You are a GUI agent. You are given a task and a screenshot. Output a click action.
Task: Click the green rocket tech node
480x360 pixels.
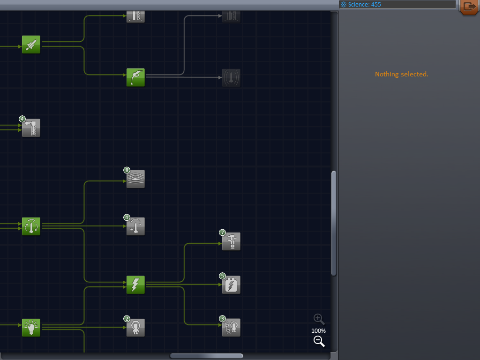31,45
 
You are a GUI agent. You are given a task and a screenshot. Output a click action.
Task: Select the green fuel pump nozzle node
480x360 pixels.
135,77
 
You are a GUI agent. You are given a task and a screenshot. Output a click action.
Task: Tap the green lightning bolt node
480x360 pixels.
135,285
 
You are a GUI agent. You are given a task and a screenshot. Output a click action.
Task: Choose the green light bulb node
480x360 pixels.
31,328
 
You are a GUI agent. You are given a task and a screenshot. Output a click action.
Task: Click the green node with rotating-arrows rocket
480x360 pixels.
31,226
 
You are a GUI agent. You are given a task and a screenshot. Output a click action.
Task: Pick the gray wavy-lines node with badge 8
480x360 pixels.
135,179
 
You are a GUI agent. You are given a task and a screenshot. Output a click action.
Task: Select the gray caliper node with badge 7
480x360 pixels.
231,241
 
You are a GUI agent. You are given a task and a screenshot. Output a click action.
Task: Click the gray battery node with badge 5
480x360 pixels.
231,285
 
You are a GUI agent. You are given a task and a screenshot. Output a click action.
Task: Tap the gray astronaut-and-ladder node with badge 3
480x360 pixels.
231,328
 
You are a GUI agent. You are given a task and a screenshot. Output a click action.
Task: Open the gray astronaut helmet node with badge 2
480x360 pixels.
135,328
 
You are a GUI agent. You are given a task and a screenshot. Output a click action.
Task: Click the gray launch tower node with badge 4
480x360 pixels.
31,127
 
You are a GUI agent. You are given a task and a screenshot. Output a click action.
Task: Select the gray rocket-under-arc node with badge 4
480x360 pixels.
135,226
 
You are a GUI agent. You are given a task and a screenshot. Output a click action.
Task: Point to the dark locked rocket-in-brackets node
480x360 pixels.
231,77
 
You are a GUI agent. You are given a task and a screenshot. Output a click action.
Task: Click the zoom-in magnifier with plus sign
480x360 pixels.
319,319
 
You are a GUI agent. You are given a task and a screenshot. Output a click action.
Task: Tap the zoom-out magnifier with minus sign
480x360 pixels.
319,341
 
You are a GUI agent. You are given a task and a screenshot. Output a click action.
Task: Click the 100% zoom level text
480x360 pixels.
318,330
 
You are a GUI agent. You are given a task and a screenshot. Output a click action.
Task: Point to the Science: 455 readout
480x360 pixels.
364,5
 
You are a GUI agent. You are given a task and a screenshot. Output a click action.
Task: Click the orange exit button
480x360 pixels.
469,7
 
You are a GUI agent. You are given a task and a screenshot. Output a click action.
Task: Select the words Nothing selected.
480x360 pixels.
402,74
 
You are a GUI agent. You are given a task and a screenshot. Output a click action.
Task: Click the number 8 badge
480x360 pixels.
127,170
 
